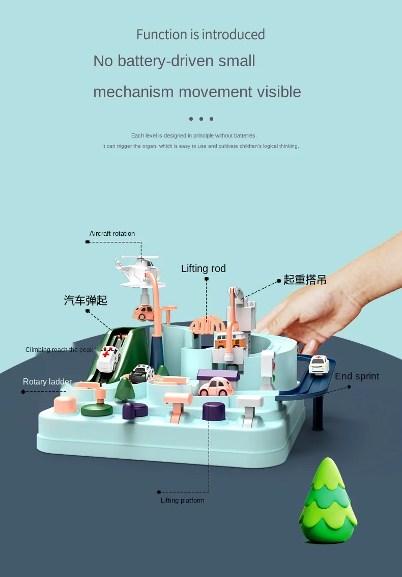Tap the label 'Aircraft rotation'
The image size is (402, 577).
(112, 234)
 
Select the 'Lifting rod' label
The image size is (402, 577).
(204, 268)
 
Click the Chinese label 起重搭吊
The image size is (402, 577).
(305, 280)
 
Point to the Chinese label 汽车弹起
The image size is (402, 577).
(85, 300)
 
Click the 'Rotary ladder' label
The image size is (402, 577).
(47, 381)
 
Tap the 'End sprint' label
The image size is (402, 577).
(357, 376)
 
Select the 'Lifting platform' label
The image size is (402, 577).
(183, 501)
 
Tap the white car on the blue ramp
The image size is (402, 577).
(319, 364)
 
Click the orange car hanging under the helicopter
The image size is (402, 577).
(145, 312)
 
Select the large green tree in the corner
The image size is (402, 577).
(327, 502)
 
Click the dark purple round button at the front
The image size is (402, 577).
(213, 410)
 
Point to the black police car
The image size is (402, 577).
(141, 373)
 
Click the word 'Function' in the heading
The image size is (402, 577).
(162, 35)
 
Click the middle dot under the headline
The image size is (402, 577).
(201, 119)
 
